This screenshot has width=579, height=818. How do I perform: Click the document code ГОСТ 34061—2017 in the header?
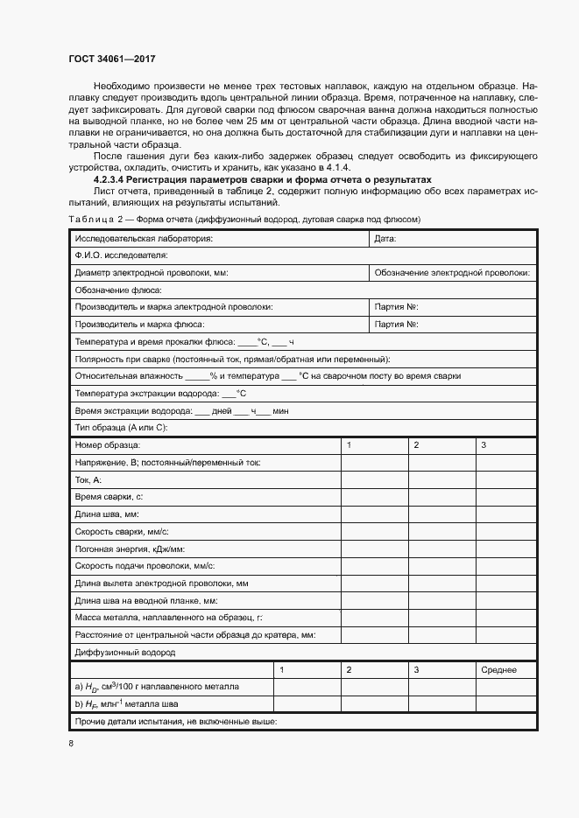pos(112,59)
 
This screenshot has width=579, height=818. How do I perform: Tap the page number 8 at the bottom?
pos(71,744)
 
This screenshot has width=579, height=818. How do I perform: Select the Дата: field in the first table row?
pos(385,238)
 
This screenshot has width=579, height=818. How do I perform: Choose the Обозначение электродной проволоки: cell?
pos(452,273)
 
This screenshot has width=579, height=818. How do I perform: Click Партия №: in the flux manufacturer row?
pos(395,325)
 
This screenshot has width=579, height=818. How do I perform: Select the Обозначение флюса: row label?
pos(114,290)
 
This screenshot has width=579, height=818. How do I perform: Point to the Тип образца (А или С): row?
pos(121,427)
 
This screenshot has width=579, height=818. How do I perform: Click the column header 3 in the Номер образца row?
pos(484,445)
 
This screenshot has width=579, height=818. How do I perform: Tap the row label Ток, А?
pos(89,479)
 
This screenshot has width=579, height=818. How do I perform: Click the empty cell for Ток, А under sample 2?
pos(440,479)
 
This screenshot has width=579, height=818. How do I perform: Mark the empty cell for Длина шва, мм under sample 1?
pos(373,514)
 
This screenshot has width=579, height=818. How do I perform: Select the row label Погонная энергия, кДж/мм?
pos(129,549)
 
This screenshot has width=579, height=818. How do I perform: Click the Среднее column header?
pos(498,670)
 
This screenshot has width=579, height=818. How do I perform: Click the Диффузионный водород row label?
pos(125,653)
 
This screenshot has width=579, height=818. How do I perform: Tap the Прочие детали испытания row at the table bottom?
pos(176,722)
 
